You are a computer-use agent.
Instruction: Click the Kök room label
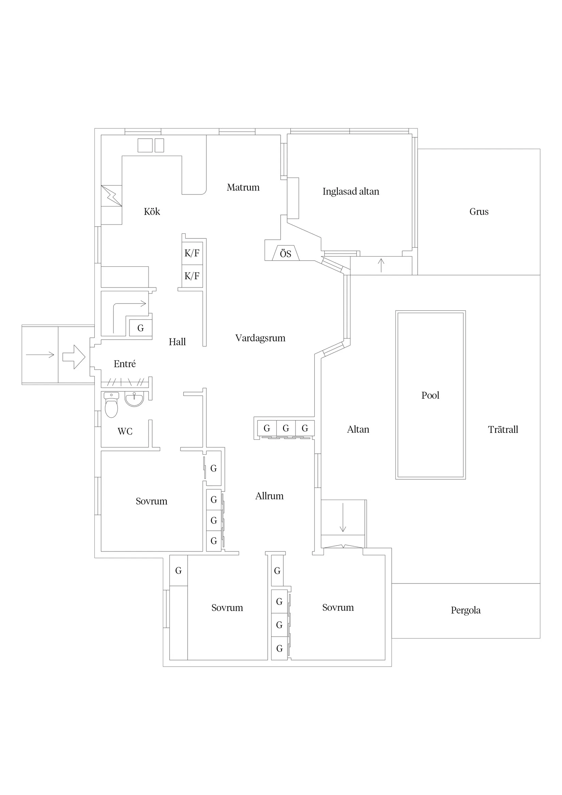(152, 212)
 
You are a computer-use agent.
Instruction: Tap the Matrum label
(243, 187)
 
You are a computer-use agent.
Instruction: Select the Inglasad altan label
(351, 191)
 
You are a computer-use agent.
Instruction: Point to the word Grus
(479, 212)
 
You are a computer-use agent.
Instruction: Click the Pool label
(430, 395)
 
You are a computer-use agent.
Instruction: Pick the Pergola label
(465, 610)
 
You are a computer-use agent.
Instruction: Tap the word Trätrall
(503, 430)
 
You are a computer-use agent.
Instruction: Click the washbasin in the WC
(134, 399)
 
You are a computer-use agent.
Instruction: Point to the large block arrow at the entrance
(74, 357)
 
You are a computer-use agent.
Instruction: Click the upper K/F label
(192, 253)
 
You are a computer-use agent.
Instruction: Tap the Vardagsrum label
(261, 338)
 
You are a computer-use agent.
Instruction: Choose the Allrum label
(269, 496)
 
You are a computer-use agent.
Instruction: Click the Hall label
(177, 342)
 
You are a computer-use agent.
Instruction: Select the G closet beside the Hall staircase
(141, 328)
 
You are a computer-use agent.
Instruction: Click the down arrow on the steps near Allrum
(343, 517)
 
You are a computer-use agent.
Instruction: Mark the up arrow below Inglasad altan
(381, 265)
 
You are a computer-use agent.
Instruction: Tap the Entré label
(125, 363)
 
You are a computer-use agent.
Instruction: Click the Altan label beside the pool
(358, 430)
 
